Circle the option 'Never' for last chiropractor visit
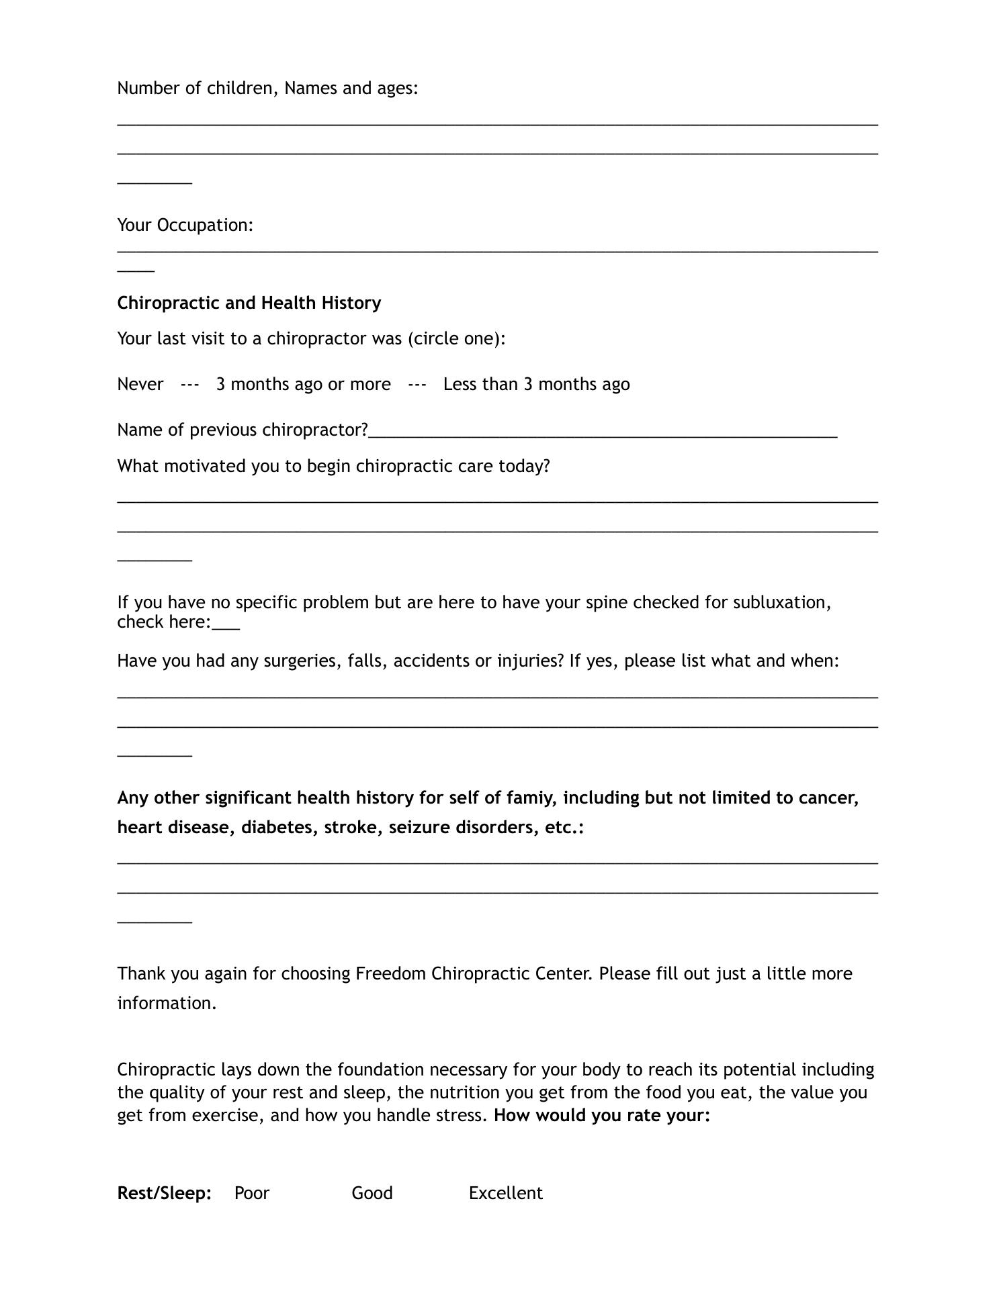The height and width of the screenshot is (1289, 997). (x=140, y=384)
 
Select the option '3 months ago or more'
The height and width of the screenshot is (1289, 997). (x=303, y=384)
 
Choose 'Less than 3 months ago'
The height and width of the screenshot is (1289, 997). (x=536, y=384)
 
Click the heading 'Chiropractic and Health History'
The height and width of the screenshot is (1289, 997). (x=249, y=303)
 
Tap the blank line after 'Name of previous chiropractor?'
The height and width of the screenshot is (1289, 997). (x=603, y=432)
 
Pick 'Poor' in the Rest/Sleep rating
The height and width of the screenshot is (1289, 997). (x=252, y=1193)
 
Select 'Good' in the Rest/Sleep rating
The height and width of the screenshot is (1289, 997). (x=372, y=1193)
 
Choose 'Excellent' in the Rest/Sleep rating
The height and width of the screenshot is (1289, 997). (x=505, y=1193)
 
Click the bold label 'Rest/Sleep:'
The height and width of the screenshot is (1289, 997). (x=164, y=1193)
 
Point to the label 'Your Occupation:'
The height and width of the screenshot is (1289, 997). (x=185, y=225)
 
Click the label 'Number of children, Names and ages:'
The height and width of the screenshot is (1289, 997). (x=267, y=88)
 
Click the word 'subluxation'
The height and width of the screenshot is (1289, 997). (x=781, y=602)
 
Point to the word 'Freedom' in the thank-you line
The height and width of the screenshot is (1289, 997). (x=390, y=973)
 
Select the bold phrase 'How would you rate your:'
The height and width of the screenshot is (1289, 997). (x=602, y=1115)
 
